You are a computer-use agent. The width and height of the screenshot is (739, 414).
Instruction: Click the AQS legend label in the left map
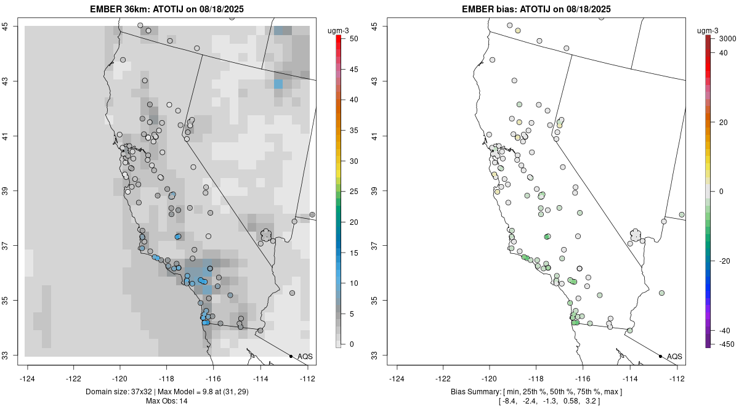pyautogui.click(x=305, y=357)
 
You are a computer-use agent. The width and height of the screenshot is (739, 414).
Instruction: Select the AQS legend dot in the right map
pyautogui.click(x=660, y=356)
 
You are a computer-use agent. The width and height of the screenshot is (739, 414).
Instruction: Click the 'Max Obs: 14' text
pyautogui.click(x=167, y=401)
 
